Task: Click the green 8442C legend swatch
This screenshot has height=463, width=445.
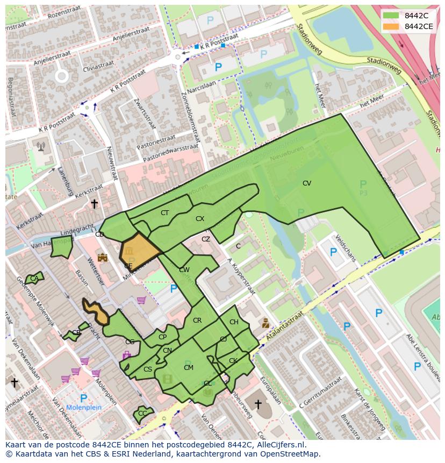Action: (x=391, y=15)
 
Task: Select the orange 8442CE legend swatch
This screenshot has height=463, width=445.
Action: (x=391, y=26)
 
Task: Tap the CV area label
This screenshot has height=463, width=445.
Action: (x=307, y=183)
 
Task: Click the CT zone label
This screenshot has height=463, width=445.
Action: (x=164, y=213)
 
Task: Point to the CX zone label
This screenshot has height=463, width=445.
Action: (x=200, y=219)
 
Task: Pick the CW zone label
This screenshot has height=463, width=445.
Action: (x=184, y=270)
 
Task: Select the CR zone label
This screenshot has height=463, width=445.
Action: (x=197, y=320)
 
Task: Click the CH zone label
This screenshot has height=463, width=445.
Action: (x=234, y=322)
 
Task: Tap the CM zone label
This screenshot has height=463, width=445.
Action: (x=189, y=368)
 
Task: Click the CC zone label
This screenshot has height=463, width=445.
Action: (x=142, y=414)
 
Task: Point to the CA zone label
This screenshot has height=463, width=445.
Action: (x=34, y=279)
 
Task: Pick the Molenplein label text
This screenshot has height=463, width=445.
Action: (x=83, y=408)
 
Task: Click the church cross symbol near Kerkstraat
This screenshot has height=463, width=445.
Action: (x=94, y=204)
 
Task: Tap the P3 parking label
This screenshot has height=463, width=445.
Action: (x=363, y=193)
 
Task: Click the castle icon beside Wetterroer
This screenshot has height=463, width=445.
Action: (x=102, y=258)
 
